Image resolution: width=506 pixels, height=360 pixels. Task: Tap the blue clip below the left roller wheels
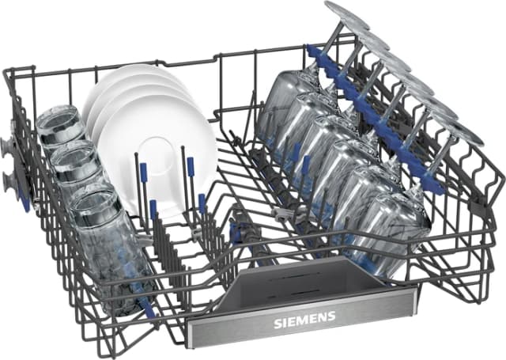[25, 203]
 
